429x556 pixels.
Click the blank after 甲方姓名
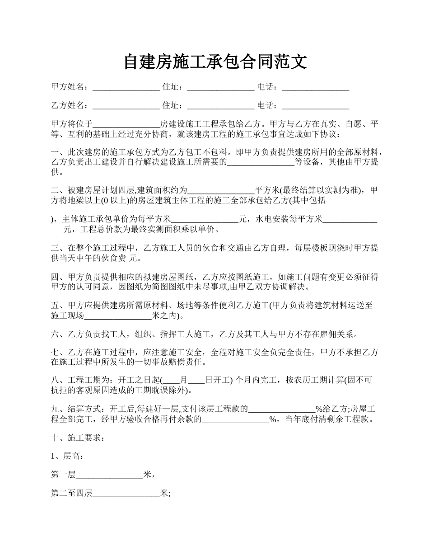[126, 87]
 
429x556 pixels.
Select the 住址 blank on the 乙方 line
[221, 106]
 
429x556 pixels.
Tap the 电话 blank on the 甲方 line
[315, 87]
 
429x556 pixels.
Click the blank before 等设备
[261, 163]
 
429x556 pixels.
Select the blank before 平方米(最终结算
[221, 190]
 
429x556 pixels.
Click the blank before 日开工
[196, 380]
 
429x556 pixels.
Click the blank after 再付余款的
[235, 419]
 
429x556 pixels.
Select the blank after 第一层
[110, 475]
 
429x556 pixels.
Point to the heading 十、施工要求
[78, 438]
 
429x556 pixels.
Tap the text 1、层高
[67, 457]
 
